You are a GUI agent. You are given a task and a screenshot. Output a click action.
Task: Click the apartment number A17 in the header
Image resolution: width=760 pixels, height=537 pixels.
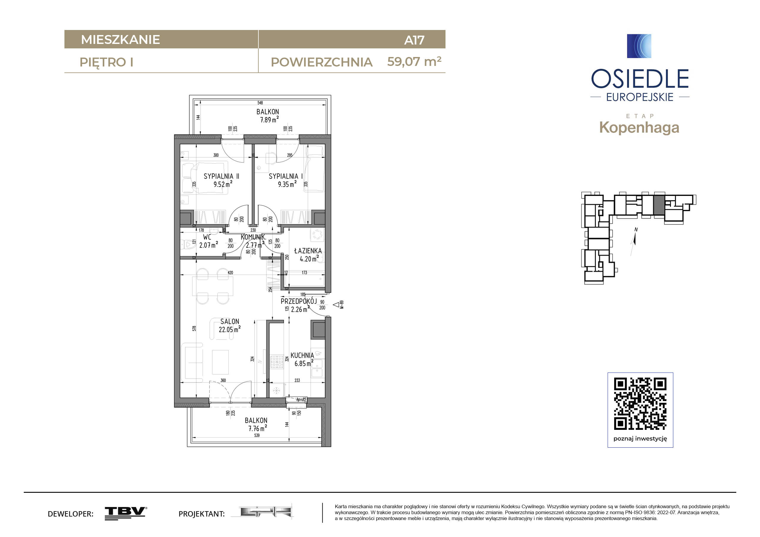[x=414, y=40]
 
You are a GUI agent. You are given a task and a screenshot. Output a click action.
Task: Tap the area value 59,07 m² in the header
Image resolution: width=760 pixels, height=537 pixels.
[x=414, y=61]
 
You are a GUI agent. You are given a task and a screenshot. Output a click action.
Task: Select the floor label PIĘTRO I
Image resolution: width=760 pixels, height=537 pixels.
[x=106, y=63]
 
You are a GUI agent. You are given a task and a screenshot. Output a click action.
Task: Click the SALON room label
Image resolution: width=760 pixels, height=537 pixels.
[x=230, y=321]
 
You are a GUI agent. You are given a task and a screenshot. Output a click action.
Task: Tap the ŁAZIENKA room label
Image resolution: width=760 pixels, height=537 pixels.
[x=308, y=251]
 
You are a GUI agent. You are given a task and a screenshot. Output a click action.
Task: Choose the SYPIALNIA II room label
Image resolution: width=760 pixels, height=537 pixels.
[x=221, y=176]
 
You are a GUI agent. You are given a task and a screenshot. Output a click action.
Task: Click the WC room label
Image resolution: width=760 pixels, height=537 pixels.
[x=207, y=237]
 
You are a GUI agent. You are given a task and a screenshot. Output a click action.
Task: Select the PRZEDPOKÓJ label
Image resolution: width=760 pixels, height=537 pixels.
[x=298, y=301]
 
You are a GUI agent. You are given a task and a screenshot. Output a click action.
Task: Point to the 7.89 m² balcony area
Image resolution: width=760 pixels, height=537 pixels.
[x=269, y=119]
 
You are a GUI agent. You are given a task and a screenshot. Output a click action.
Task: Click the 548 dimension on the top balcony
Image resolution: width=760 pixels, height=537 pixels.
[x=260, y=103]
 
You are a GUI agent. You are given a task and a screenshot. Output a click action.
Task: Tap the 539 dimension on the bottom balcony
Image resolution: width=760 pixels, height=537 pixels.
[x=257, y=435]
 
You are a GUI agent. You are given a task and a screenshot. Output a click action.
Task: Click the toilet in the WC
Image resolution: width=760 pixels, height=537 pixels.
[x=188, y=245]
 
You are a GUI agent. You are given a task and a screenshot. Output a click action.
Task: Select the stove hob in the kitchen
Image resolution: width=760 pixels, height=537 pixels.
[x=277, y=362]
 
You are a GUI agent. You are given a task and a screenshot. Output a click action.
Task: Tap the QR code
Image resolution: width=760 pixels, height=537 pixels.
[x=640, y=404]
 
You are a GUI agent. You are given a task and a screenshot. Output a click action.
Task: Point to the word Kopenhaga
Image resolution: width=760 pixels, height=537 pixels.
[x=639, y=128]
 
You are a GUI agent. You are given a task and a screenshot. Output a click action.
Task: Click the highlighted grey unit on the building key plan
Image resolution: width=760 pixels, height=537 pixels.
[x=659, y=205]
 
